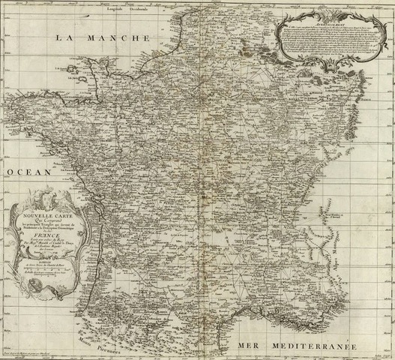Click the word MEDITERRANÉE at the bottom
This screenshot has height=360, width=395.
[x=307, y=343]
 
